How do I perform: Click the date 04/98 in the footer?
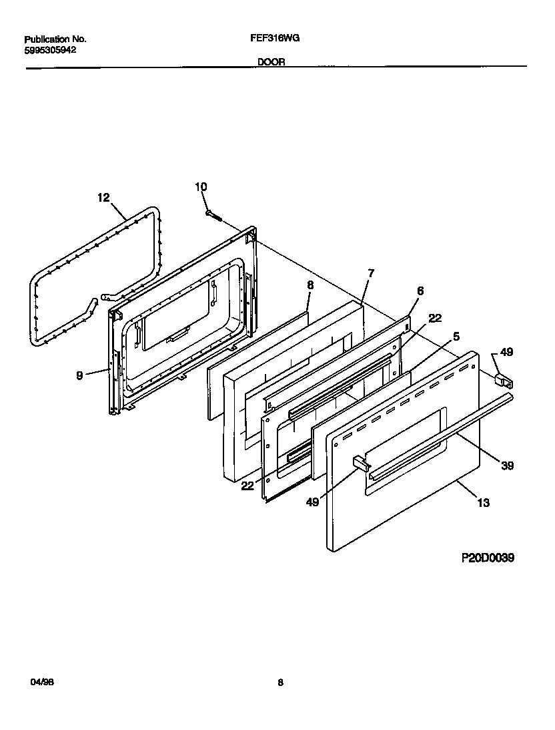[41, 682]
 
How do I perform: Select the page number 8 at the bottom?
[280, 682]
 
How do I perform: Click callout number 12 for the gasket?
[103, 197]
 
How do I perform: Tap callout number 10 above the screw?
[201, 187]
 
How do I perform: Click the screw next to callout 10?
[213, 214]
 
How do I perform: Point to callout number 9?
[79, 376]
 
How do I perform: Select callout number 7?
[371, 272]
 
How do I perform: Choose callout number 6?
[420, 291]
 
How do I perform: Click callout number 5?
[456, 336]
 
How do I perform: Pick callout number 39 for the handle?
[507, 466]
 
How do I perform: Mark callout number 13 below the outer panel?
[483, 502]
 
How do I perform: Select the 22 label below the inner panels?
[247, 486]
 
